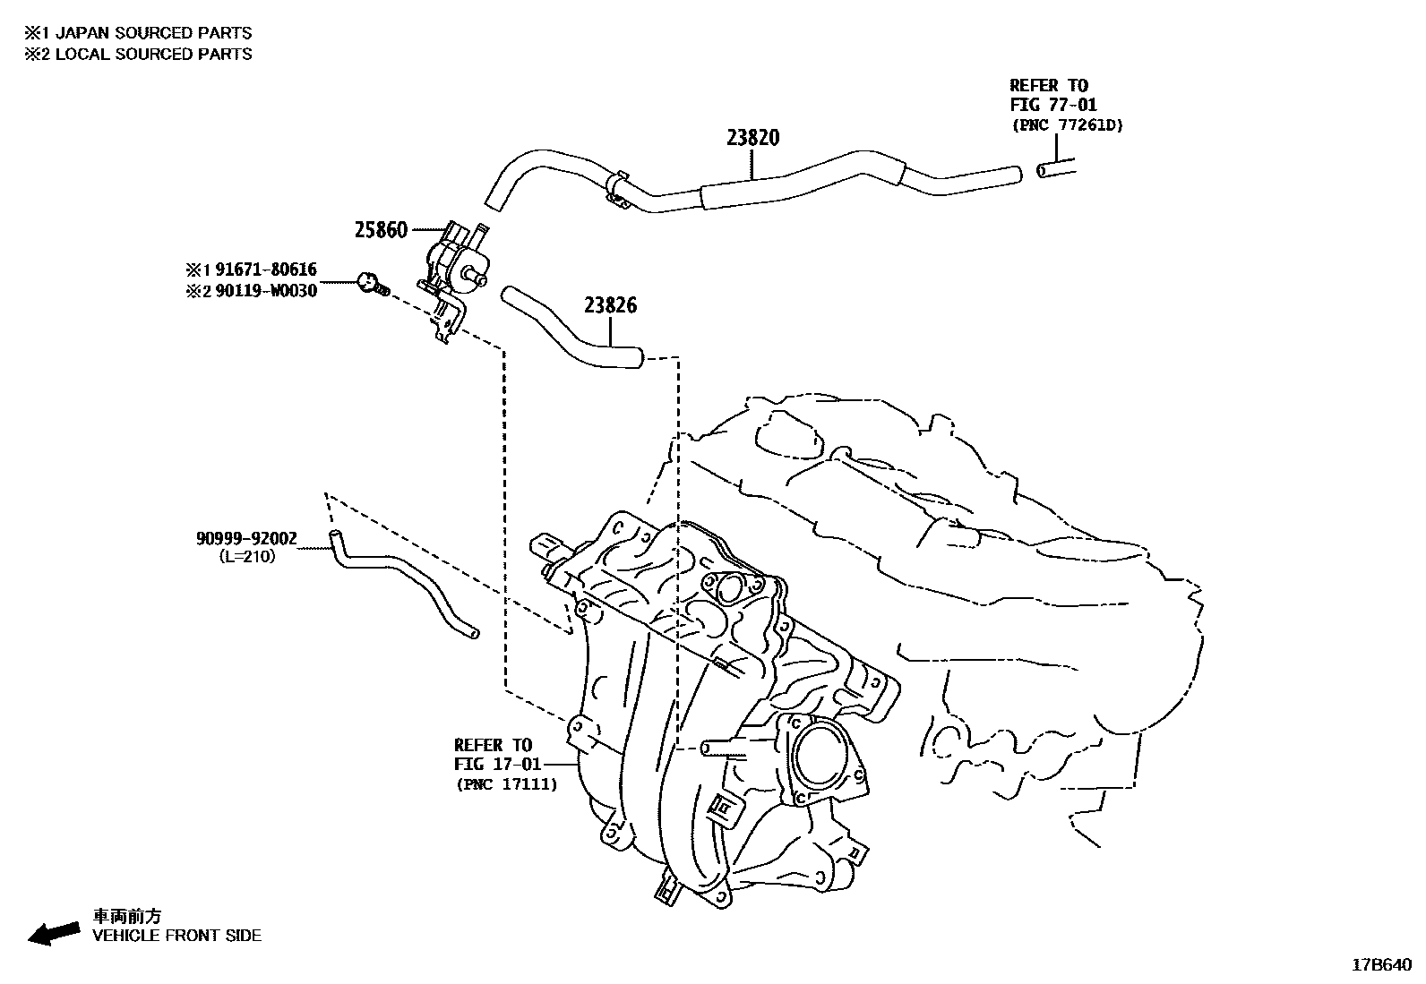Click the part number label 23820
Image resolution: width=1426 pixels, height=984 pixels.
[x=752, y=138]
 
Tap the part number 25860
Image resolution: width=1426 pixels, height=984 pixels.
[x=381, y=230]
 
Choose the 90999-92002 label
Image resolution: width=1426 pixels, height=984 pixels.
[x=246, y=538]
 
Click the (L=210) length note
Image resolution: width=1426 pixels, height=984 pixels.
[x=247, y=556]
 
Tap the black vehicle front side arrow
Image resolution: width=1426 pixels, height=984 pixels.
[x=53, y=932]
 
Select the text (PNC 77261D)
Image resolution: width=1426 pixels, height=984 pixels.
[x=1066, y=125]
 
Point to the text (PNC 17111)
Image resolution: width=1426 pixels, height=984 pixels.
[x=505, y=784]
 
